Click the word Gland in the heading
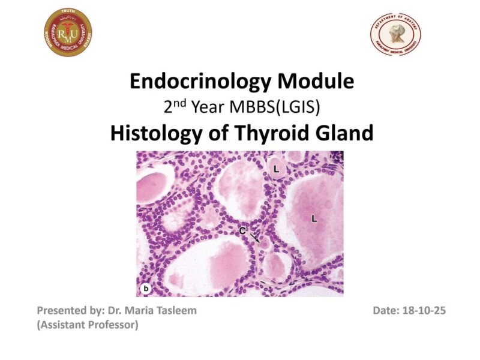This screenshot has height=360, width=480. pos(338,133)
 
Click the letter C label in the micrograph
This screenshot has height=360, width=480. pos(242,230)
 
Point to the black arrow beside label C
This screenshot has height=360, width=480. pos(255,238)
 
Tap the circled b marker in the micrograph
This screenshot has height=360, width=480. pos(145,289)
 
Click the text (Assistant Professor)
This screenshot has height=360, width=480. pos(88,325)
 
